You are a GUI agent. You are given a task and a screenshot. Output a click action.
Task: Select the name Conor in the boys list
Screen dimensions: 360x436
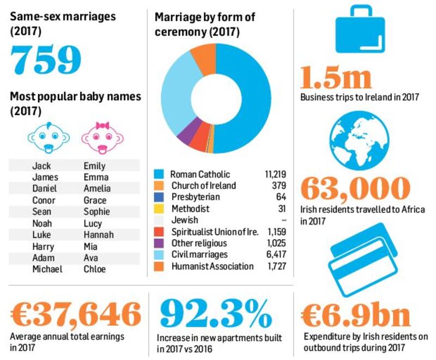43,200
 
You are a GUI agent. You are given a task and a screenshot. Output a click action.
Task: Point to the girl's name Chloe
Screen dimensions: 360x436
95,269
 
